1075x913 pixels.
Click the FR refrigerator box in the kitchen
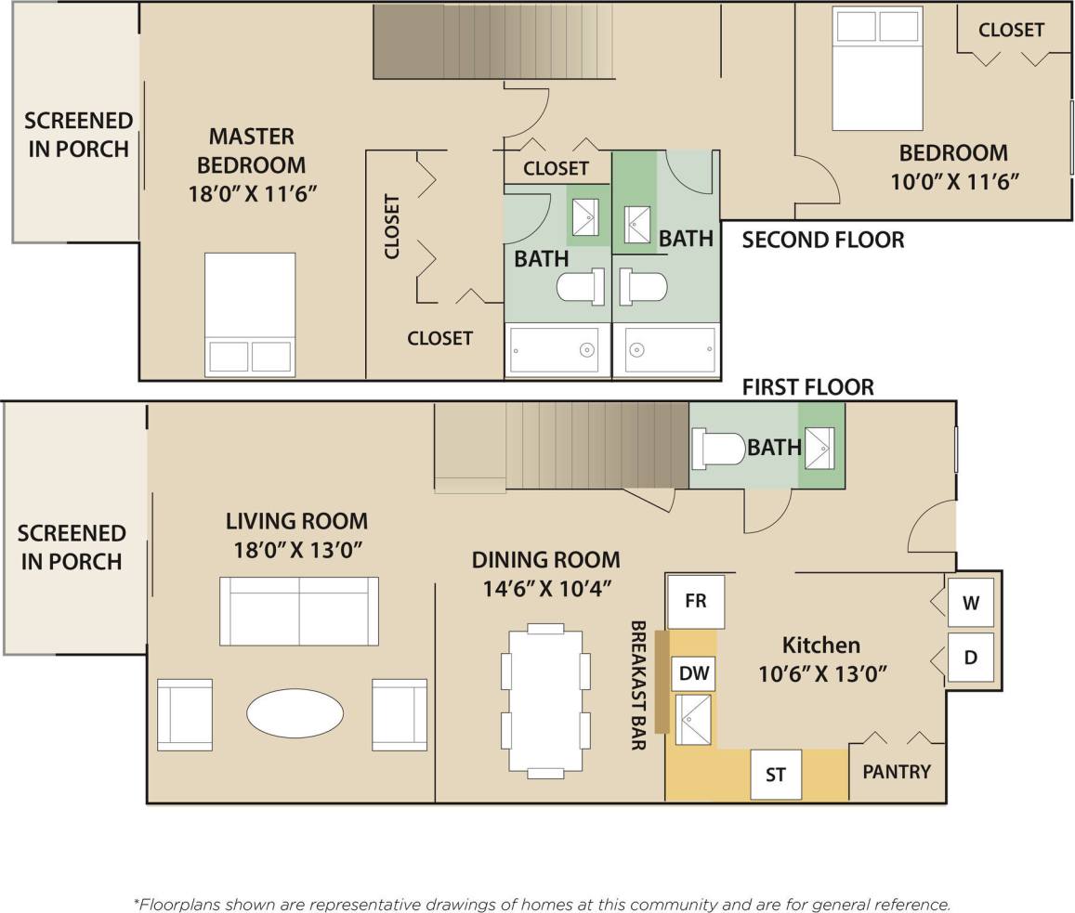coord(696,601)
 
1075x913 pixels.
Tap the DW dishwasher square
coord(694,674)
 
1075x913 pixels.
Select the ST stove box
coord(776,774)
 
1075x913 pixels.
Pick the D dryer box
coord(970,659)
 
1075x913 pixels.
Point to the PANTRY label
coord(897,772)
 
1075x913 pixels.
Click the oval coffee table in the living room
coord(295,713)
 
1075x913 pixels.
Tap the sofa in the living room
coord(299,610)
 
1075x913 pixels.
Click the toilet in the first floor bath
coord(718,449)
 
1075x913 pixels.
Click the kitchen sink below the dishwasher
coord(693,719)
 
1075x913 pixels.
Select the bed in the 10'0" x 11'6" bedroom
coord(877,69)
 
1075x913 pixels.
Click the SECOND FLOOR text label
coord(822,241)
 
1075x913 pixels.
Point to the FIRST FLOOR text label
coord(807,387)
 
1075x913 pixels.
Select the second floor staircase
coord(494,42)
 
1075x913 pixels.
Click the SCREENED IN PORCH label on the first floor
coord(72,547)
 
